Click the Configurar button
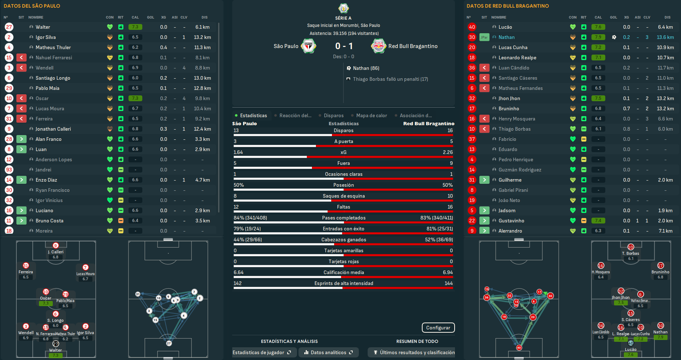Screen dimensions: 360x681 pos(438,328)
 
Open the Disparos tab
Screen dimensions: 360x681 pos(333,115)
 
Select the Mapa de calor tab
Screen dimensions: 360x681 pos(371,115)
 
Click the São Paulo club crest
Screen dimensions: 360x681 pos(308,46)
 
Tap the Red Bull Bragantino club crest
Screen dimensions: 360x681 pos(378,46)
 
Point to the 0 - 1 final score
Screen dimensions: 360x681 pos(344,46)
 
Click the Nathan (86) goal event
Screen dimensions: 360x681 pos(366,68)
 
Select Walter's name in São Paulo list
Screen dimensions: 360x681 pos(43,27)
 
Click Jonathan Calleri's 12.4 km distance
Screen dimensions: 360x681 pos(202,129)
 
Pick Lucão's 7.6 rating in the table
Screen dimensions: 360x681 pos(598,27)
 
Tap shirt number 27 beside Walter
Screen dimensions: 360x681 pos(9,27)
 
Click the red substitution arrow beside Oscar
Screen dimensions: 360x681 pos(21,98)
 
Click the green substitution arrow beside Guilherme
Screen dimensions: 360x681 pos(484,180)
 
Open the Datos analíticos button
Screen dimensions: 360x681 pos(328,352)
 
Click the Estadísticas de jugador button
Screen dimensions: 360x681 pos(262,352)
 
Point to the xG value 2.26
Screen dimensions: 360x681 pos(448,152)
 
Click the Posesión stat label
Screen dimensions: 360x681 pos(344,185)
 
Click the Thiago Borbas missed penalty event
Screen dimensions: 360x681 pos(390,79)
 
